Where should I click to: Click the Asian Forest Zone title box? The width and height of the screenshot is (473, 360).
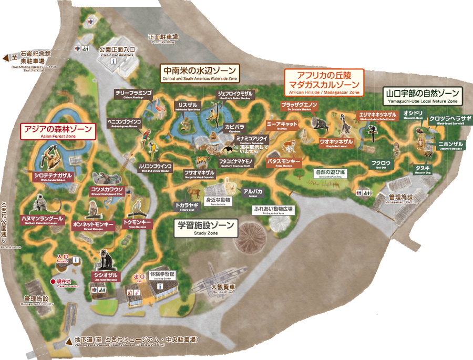pos(58,131)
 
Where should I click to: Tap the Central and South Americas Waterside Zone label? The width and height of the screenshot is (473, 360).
pos(200,73)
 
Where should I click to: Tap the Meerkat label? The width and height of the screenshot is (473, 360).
pos(282,125)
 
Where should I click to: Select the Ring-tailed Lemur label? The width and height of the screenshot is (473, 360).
pos(336,142)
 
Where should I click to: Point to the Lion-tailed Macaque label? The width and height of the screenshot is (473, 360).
pos(106,275)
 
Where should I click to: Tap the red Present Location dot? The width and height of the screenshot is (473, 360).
pos(53,282)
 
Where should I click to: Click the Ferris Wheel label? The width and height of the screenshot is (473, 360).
pos(223,289)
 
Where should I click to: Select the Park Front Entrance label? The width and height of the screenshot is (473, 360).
pos(117,50)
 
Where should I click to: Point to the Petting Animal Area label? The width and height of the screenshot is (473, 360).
pos(274,210)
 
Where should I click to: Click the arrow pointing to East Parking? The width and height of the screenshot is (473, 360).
pos(6,58)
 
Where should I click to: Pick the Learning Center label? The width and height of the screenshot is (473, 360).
pos(161,275)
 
